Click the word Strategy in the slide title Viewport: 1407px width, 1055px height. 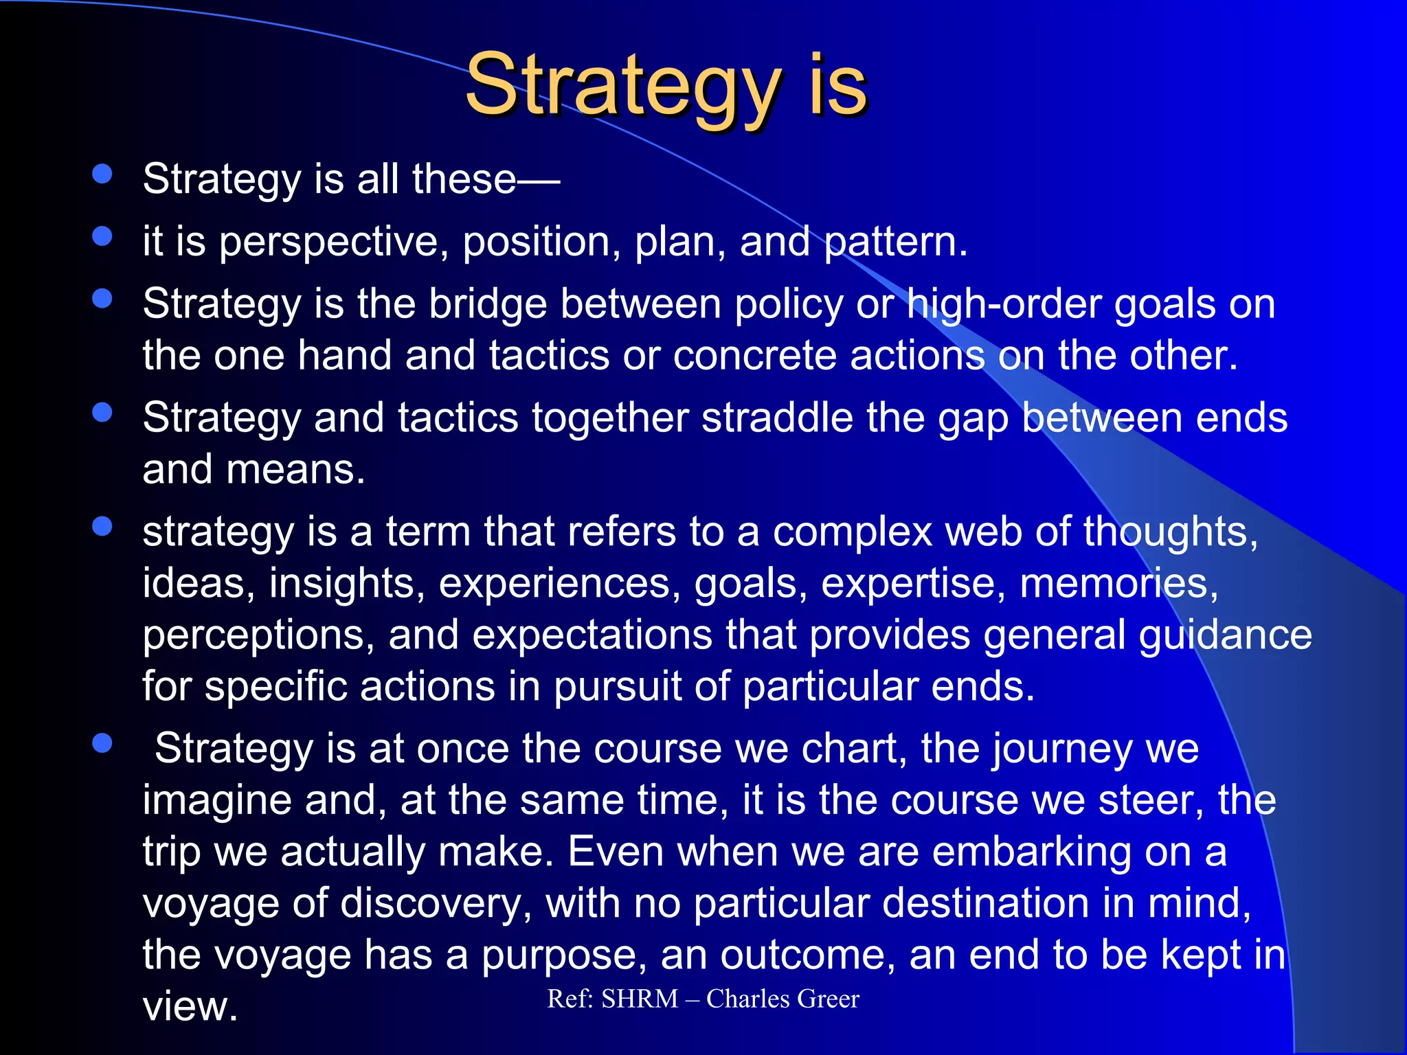pyautogui.click(x=622, y=86)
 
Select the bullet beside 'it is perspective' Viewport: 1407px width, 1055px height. pyautogui.click(x=102, y=236)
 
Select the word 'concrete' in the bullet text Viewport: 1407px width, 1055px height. pyautogui.click(x=754, y=356)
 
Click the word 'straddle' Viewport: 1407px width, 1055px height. pyautogui.click(x=776, y=418)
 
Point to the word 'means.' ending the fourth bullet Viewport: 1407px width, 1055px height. pyautogui.click(x=295, y=470)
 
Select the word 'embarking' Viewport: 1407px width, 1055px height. pyautogui.click(x=1031, y=852)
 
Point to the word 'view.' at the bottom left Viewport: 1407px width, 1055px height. pyautogui.click(x=190, y=1007)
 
